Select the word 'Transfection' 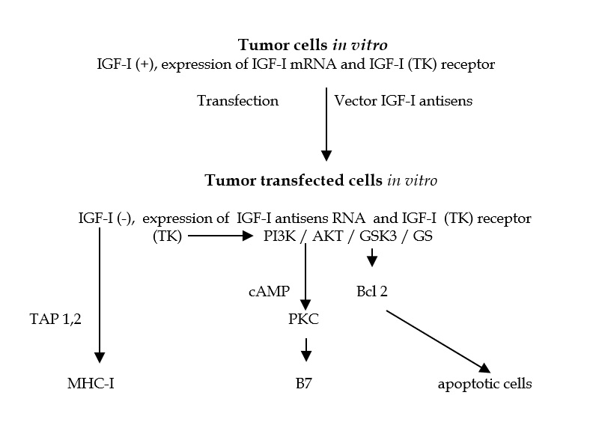point(237,100)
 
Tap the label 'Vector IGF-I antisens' point(404,100)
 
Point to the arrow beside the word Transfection point(326,123)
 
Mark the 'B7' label point(305,385)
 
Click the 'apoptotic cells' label point(484,385)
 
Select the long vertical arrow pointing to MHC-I point(100,299)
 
